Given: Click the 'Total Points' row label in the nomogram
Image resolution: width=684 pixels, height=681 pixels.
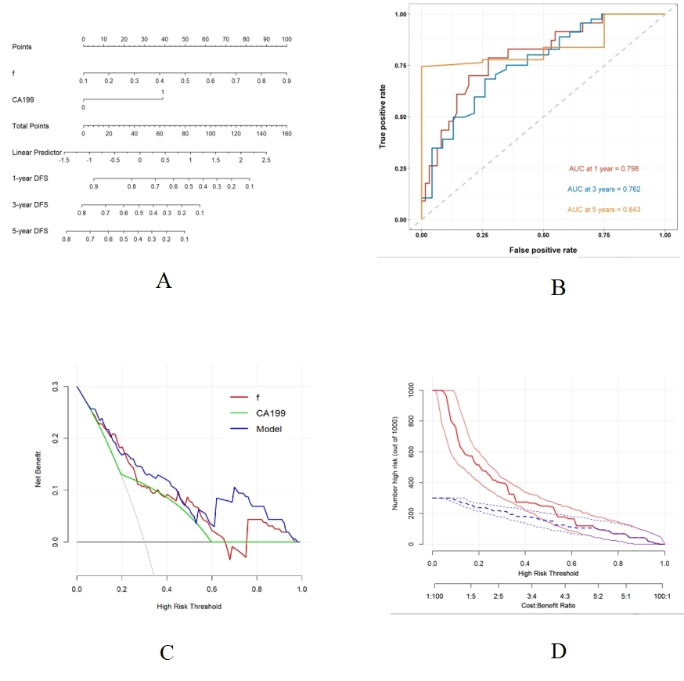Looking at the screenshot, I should pos(27,126).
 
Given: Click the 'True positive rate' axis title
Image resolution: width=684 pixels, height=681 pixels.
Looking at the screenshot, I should pos(385,117).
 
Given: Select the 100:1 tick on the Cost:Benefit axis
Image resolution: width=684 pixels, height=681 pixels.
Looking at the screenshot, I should pos(664,596).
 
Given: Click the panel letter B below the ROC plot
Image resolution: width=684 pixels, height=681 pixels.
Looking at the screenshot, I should pos(558,287).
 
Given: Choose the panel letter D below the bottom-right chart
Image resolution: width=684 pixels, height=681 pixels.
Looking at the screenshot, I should pos(558,650).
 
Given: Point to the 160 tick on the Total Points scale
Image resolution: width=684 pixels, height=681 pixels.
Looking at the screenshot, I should pos(286,134).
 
